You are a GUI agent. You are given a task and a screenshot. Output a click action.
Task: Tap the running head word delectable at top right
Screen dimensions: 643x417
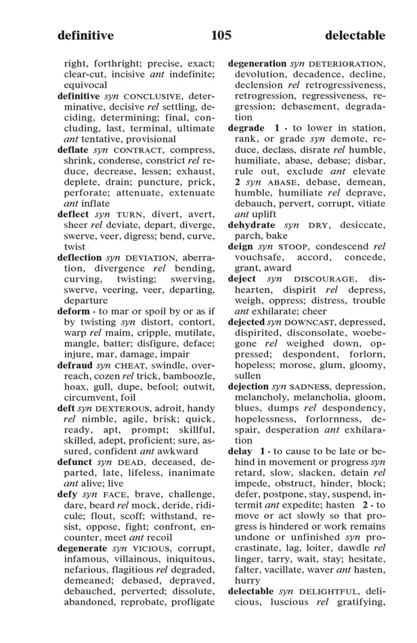coord(355,35)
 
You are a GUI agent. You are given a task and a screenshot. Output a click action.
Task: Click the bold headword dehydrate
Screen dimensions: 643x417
coord(252,225)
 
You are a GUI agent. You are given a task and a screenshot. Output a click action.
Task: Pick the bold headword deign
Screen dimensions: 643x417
coord(240,246)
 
